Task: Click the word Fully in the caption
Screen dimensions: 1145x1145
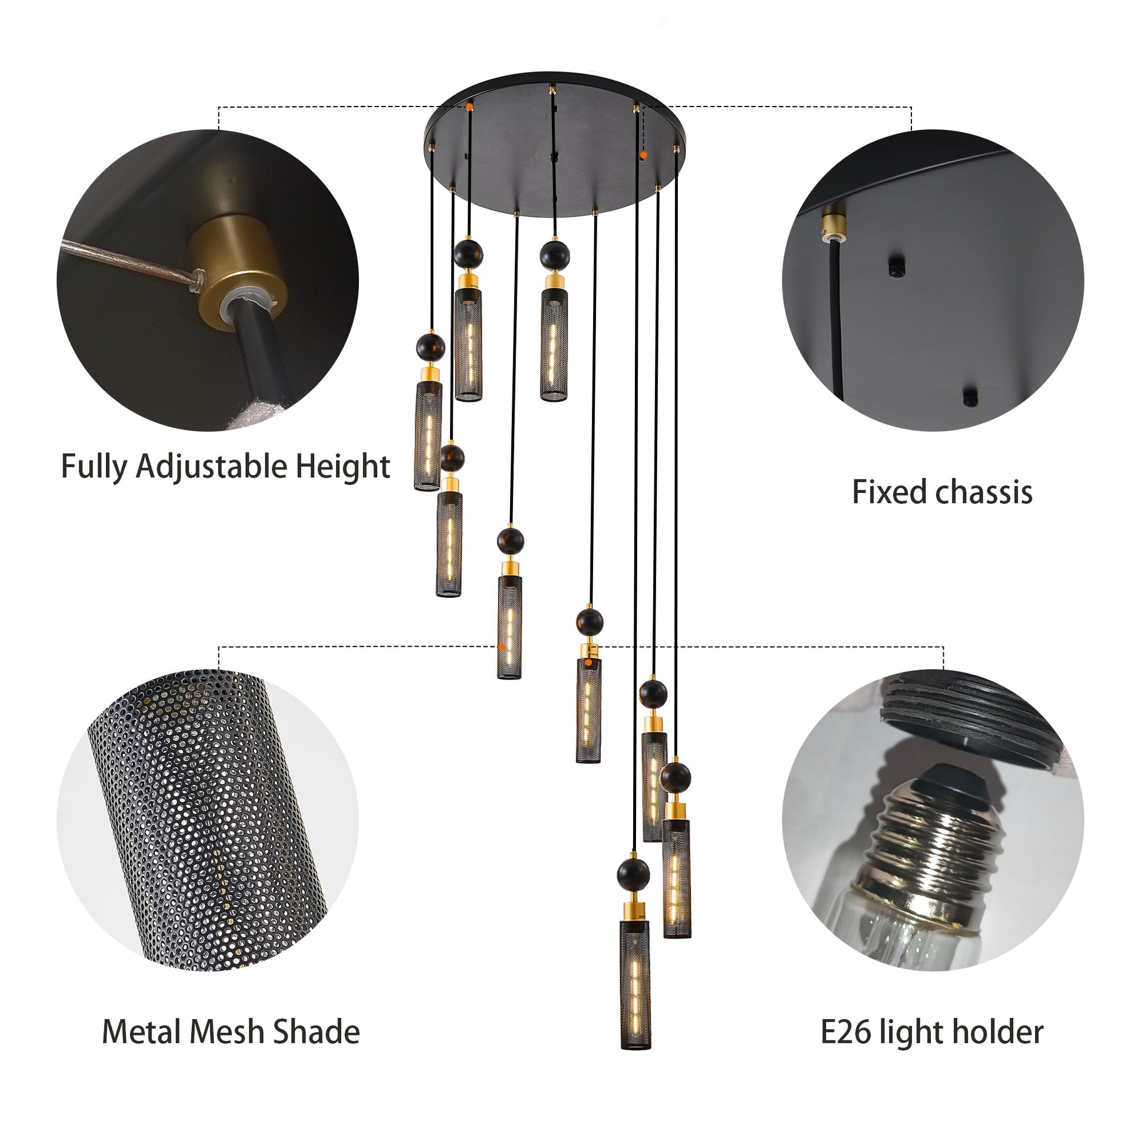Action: pyautogui.click(x=94, y=468)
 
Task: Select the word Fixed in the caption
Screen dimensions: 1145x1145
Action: pyautogui.click(x=885, y=492)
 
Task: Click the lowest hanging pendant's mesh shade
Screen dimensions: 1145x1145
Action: pyautogui.click(x=635, y=984)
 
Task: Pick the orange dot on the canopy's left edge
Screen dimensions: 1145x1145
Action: pyautogui.click(x=470, y=107)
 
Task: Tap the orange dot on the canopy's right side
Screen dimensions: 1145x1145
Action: pyautogui.click(x=643, y=155)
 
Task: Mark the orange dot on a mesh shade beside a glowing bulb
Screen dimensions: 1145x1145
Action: pyautogui.click(x=502, y=647)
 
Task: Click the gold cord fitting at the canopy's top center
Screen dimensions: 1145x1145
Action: pyautogui.click(x=552, y=89)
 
